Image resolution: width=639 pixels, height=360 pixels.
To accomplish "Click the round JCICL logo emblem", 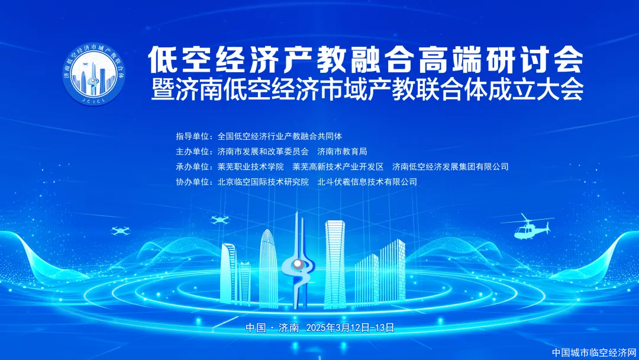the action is (x=93, y=74).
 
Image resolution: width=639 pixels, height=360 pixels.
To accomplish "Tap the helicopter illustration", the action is (x=528, y=227).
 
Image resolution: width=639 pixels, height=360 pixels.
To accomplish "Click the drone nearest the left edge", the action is (x=120, y=231).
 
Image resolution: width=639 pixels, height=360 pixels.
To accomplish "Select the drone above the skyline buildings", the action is (x=220, y=220).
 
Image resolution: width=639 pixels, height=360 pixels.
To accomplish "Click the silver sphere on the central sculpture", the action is (x=298, y=264).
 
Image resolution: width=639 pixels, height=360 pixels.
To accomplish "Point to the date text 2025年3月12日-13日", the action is (x=350, y=328).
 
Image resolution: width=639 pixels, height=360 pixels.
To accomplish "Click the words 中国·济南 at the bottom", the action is (x=272, y=328).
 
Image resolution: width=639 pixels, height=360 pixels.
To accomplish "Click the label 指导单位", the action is (x=192, y=136).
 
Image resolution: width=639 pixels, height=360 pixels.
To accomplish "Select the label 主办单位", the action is (x=192, y=151).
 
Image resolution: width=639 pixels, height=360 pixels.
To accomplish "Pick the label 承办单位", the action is (x=192, y=166).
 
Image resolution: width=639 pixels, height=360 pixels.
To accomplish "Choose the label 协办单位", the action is (x=192, y=182).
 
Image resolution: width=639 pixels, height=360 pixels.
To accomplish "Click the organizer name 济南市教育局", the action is (x=343, y=151).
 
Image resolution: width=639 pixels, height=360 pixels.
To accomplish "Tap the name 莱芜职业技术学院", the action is (x=251, y=166).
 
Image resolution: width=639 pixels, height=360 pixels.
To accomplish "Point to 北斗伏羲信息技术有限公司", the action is (x=367, y=182).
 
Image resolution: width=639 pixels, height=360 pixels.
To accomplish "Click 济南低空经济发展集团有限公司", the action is (x=450, y=166).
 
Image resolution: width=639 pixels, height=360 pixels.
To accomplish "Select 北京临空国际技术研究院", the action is (x=263, y=182).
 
